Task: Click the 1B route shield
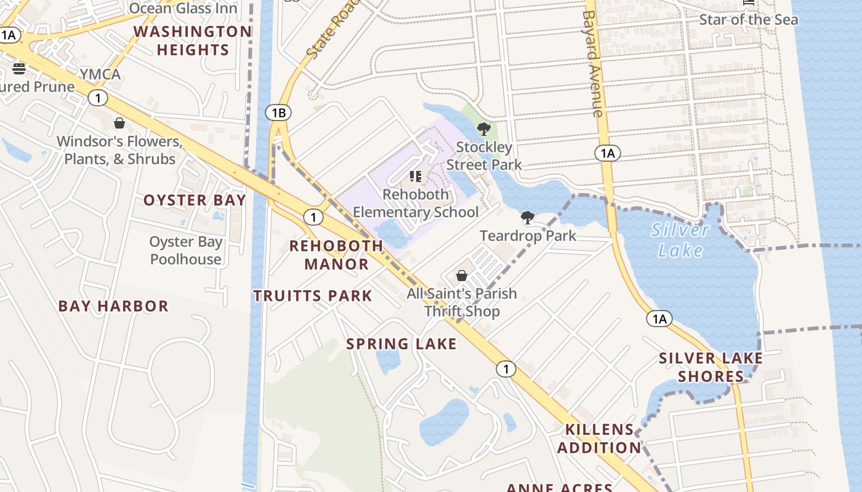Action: (278, 113)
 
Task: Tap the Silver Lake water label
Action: (680, 240)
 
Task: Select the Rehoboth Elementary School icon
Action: (416, 177)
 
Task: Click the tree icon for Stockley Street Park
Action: (484, 129)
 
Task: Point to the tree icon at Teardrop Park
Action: (528, 217)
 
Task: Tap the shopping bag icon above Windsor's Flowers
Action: (119, 124)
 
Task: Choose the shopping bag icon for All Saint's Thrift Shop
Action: (462, 276)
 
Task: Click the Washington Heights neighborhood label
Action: (193, 41)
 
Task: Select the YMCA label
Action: (100, 74)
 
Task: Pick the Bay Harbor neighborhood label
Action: (113, 306)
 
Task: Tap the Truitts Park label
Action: (313, 296)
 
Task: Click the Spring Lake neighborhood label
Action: (401, 344)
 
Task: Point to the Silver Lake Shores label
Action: (711, 367)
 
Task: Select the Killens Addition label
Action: (599, 438)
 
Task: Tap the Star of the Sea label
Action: (749, 20)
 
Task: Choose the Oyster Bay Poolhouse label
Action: (185, 250)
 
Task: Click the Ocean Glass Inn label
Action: (183, 9)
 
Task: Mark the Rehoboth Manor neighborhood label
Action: (336, 255)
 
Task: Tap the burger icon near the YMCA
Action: (19, 68)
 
